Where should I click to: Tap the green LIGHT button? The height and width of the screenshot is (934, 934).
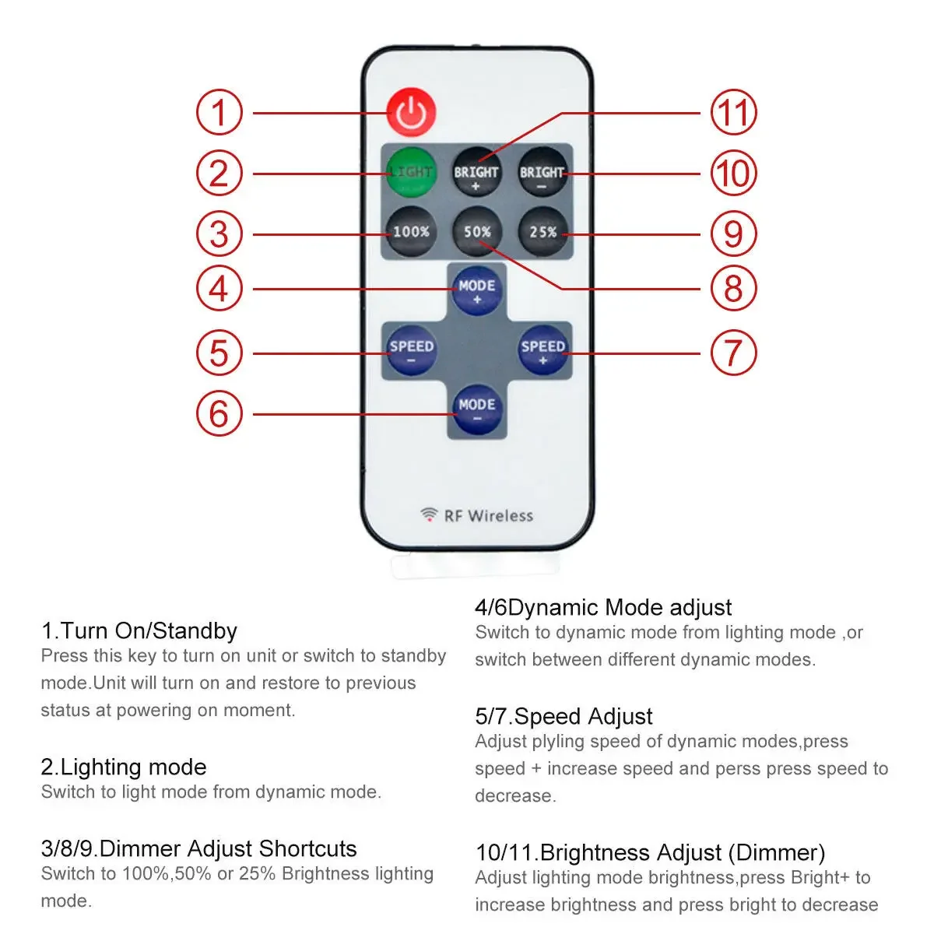(410, 171)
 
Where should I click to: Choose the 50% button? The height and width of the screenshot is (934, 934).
(476, 232)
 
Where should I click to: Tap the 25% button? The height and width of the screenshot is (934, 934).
(542, 232)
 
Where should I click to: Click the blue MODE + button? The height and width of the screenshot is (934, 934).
(476, 290)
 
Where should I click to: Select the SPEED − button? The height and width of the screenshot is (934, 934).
(411, 350)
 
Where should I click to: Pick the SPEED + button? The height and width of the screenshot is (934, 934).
(542, 350)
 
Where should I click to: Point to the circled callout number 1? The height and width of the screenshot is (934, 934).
(219, 113)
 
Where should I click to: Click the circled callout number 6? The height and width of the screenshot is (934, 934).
(219, 413)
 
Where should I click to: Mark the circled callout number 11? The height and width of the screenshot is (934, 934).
(733, 113)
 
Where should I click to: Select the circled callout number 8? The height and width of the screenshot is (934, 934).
(733, 289)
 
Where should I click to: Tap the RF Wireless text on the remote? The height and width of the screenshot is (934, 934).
(488, 515)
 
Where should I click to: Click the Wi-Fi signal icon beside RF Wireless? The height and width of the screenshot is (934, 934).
(429, 514)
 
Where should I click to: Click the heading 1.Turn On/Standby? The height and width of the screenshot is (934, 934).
(139, 630)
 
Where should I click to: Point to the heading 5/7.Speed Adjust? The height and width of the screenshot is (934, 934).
(564, 716)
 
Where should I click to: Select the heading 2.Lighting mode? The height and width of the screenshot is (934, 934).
(124, 767)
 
